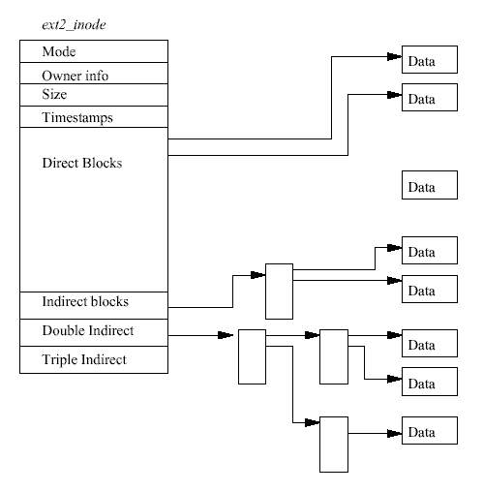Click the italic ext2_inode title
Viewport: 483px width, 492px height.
[x=74, y=25]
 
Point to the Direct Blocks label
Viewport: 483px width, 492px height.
[x=82, y=163]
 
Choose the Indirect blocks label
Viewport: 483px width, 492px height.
[x=85, y=301]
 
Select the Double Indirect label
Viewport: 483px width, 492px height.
[x=88, y=330]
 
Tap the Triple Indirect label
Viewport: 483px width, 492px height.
[x=84, y=359]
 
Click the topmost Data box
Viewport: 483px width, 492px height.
[x=430, y=60]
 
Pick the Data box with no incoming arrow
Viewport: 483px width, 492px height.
[x=430, y=185]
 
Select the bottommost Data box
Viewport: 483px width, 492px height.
[x=430, y=430]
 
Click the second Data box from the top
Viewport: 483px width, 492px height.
[x=430, y=97]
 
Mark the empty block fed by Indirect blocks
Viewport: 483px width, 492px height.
[x=279, y=292]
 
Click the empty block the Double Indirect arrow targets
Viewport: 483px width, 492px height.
[x=252, y=356]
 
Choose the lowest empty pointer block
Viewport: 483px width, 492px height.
[x=334, y=445]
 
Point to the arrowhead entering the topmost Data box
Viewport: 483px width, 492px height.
[x=394, y=57]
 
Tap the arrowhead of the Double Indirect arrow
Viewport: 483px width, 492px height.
[x=226, y=335]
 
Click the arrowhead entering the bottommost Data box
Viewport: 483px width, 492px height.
[x=394, y=433]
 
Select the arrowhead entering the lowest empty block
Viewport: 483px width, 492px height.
[x=312, y=422]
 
